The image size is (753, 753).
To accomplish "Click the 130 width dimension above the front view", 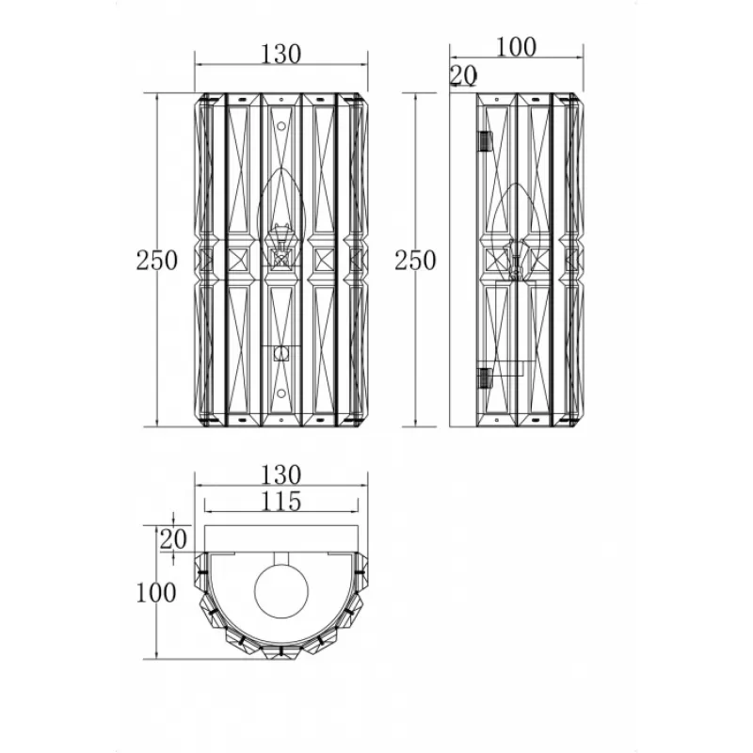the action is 280,54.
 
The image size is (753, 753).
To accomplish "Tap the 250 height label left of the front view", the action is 157,261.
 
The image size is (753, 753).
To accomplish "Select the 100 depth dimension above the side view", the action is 516,47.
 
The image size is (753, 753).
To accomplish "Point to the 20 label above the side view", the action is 464,75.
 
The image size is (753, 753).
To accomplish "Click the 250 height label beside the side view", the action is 415,261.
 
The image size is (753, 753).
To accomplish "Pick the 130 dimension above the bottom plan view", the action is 280,475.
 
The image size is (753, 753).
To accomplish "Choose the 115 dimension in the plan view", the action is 280,502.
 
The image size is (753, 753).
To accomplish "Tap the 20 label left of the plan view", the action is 173,539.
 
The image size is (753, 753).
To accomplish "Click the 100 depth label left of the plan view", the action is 156,593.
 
